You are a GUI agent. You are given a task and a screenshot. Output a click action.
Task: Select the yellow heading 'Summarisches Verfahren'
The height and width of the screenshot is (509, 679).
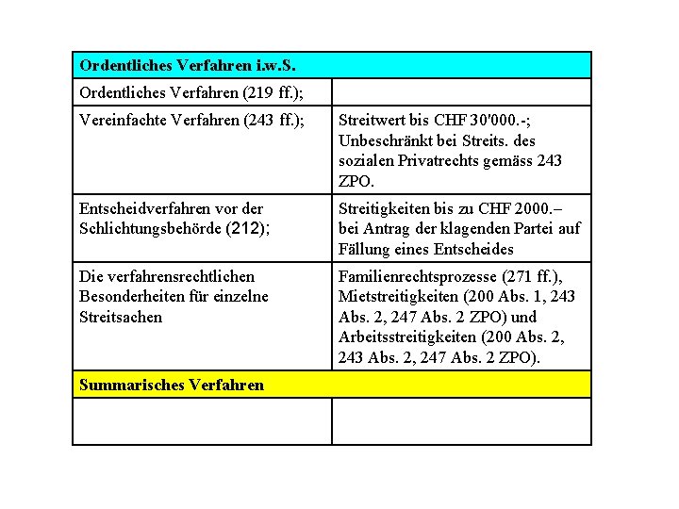pyautogui.click(x=172, y=385)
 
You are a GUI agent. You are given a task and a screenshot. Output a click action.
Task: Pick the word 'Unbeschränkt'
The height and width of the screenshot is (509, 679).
pyautogui.click(x=384, y=140)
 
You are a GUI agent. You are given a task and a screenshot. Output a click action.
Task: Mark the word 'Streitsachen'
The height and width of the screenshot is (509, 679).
pyautogui.click(x=121, y=317)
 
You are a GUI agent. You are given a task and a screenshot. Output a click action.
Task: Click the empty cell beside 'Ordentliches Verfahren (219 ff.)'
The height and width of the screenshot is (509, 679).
pyautogui.click(x=461, y=92)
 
